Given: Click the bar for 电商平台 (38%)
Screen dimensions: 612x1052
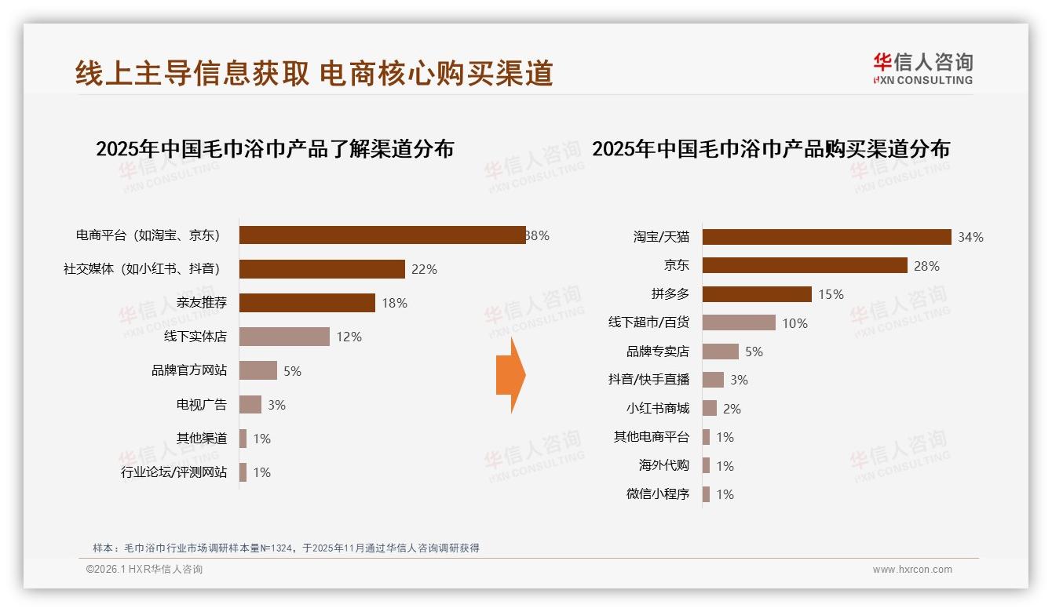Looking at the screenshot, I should (x=382, y=235).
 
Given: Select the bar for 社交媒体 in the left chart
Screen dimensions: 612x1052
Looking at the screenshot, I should (x=322, y=269).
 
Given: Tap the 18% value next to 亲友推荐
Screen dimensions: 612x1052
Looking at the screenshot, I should (x=393, y=303).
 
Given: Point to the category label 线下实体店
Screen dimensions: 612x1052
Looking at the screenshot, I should (x=195, y=337).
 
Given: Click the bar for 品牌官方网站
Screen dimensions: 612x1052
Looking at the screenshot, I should (x=258, y=370).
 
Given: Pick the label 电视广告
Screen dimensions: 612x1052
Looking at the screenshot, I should (x=201, y=405).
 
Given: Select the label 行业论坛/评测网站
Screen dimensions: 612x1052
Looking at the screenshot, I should (x=174, y=472).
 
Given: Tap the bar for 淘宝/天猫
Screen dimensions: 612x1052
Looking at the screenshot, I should (x=826, y=237).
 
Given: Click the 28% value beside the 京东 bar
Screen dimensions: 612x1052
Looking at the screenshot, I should (x=926, y=266).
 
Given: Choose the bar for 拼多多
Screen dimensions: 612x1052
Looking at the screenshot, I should (x=756, y=294).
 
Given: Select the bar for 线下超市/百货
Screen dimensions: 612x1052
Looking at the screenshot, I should (x=738, y=322).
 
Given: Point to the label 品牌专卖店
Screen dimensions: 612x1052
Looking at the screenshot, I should (x=657, y=352).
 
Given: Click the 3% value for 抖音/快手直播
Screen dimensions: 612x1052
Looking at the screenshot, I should (x=739, y=380).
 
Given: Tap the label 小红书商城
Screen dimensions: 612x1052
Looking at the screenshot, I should (x=657, y=409).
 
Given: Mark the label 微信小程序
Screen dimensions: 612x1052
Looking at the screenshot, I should (x=657, y=494).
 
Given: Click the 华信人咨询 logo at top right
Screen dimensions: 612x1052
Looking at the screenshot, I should (x=922, y=69).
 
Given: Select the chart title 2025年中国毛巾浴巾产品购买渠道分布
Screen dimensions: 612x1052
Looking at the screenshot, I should (x=770, y=149).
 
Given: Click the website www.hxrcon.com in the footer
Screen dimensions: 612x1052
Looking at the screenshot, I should (x=911, y=570).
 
